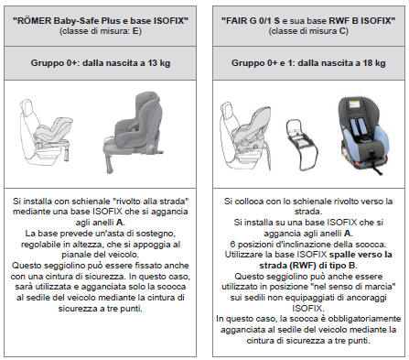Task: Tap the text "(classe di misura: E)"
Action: click(103, 30)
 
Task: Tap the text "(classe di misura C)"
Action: click(306, 30)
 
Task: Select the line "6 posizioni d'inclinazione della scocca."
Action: click(306, 247)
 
